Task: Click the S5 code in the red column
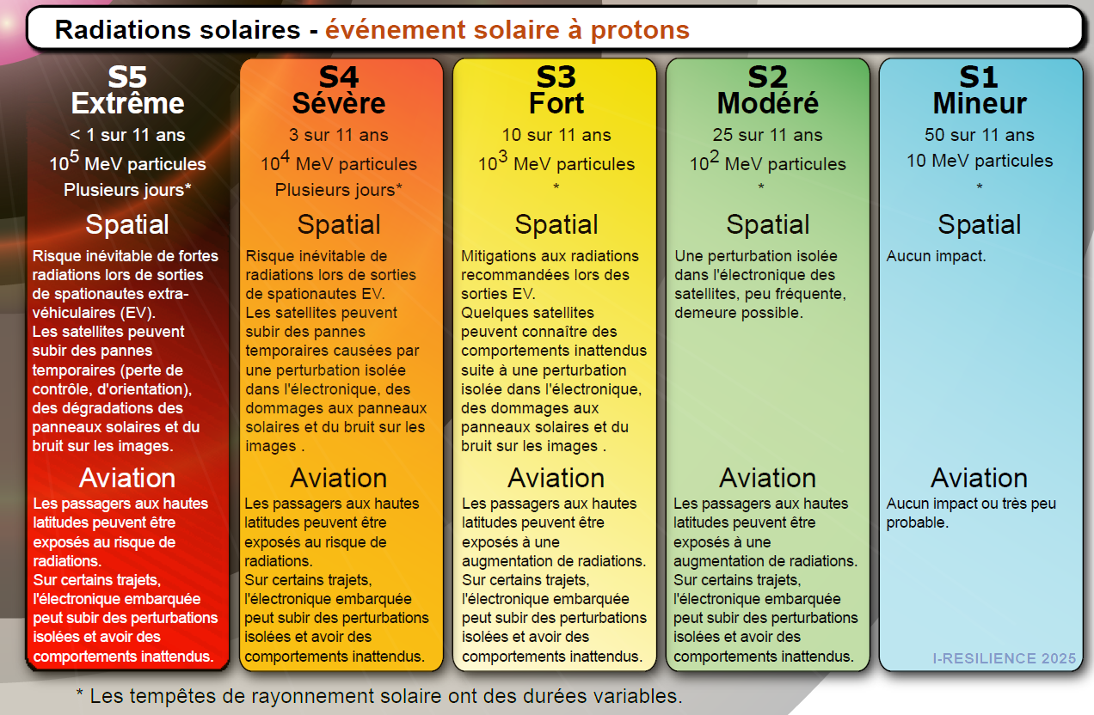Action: pyautogui.click(x=127, y=76)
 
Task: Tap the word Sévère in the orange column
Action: pyautogui.click(x=339, y=103)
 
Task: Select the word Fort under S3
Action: pyautogui.click(x=556, y=103)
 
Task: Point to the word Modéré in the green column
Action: pyautogui.click(x=768, y=103)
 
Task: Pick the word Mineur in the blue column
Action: pyautogui.click(x=980, y=103)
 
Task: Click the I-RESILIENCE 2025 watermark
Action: pyautogui.click(x=1005, y=658)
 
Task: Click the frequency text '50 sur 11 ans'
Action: pyautogui.click(x=980, y=135)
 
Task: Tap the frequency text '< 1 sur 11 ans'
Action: pyautogui.click(x=127, y=135)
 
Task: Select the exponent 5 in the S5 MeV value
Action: pyautogui.click(x=74, y=156)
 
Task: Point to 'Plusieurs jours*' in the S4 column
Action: pyautogui.click(x=339, y=190)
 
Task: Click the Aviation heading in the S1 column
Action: pyautogui.click(x=980, y=478)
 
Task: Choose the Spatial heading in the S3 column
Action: pyautogui.click(x=556, y=224)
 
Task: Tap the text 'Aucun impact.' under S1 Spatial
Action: pyautogui.click(x=937, y=256)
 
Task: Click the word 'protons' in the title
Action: pyautogui.click(x=640, y=30)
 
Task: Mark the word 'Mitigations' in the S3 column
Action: pyautogui.click(x=501, y=256)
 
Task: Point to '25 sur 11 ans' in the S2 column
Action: pyautogui.click(x=767, y=135)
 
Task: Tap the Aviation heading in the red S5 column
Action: pyautogui.click(x=127, y=478)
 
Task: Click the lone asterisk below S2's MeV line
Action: pyautogui.click(x=761, y=186)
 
